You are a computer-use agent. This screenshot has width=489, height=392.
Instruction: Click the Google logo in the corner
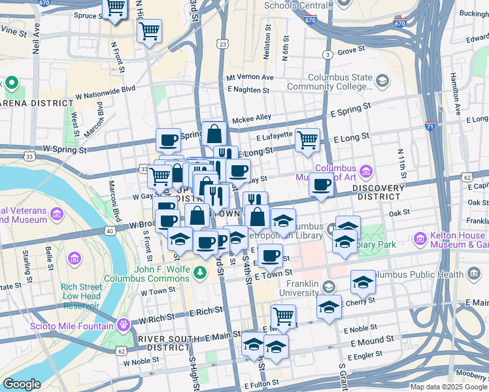21,384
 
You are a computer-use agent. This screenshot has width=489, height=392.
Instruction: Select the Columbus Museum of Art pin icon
365,172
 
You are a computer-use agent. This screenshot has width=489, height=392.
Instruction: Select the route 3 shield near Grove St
328,54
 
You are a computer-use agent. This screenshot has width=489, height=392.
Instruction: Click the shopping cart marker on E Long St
307,140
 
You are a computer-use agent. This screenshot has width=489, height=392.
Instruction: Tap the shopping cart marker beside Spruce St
116,8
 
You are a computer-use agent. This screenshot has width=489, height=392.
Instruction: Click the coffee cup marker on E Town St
270,255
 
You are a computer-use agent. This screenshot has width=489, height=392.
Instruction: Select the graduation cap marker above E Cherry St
363,282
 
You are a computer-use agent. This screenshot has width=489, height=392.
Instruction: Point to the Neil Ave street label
36,39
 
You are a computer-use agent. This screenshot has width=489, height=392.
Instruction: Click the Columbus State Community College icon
382,81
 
